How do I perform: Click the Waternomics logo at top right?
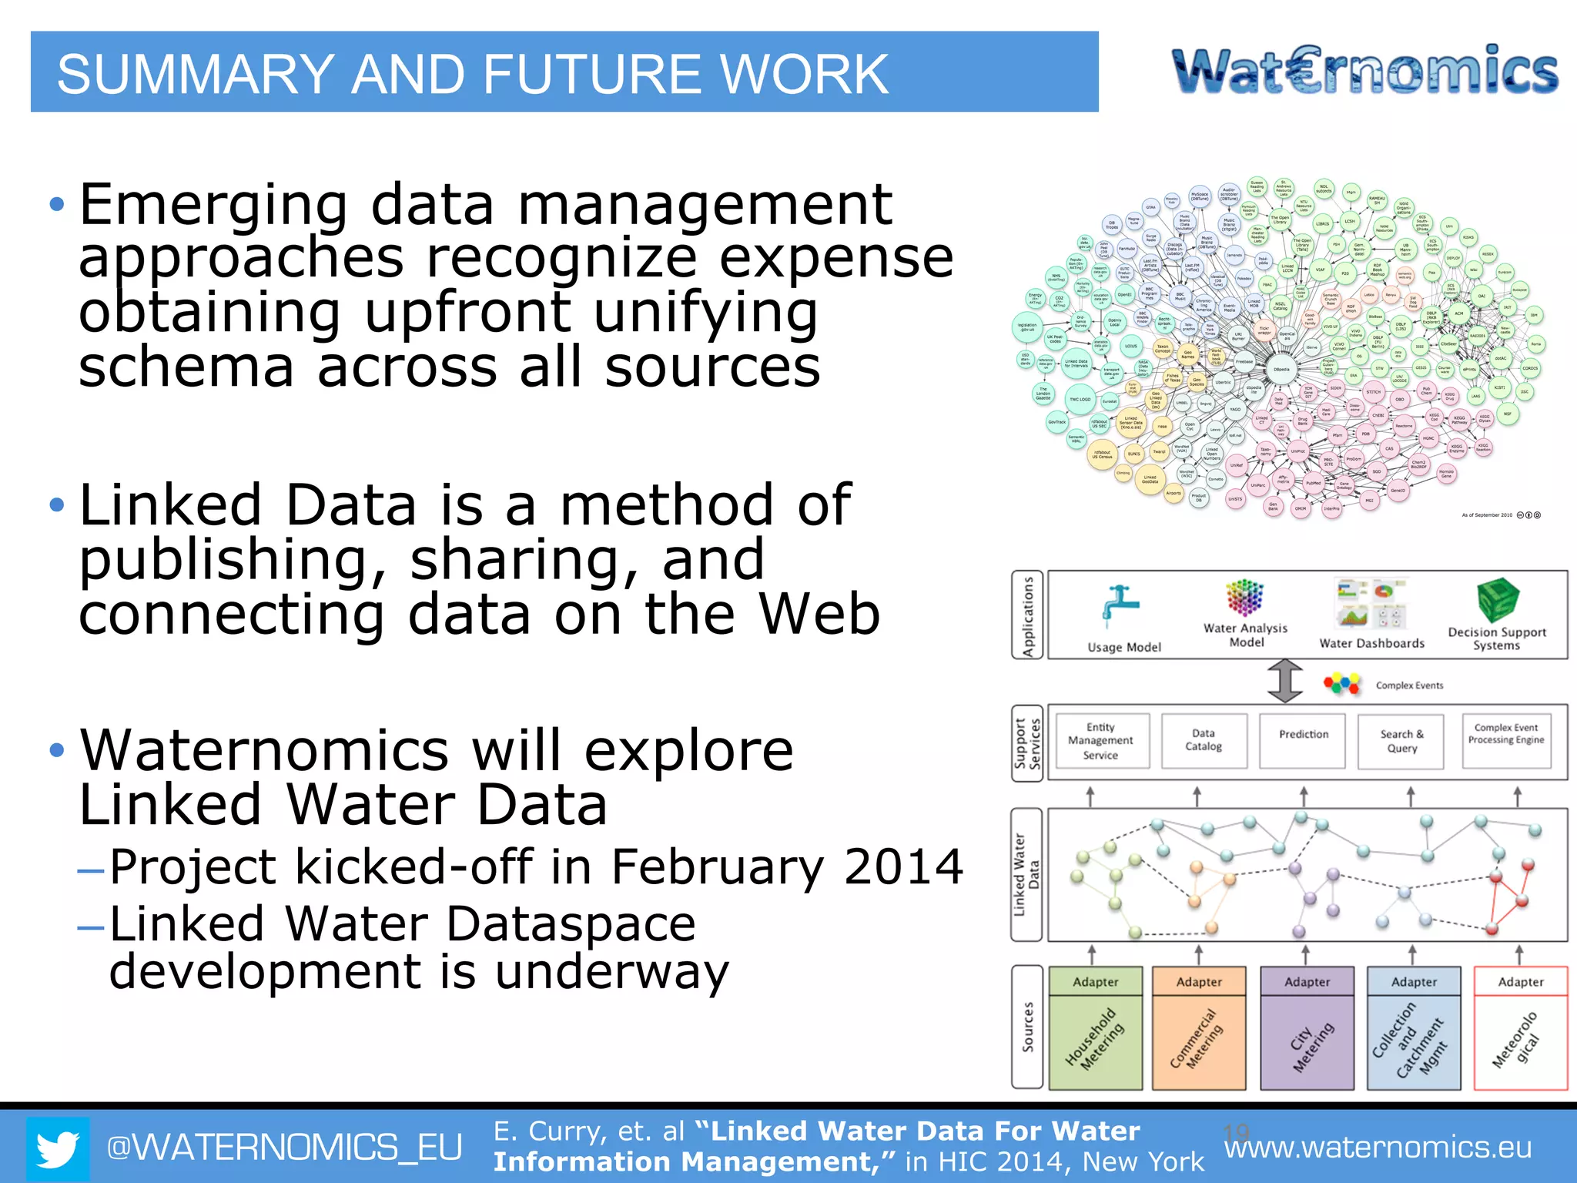pyautogui.click(x=1364, y=71)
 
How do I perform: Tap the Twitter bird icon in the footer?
pyautogui.click(x=58, y=1148)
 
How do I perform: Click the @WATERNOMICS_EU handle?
pyautogui.click(x=284, y=1148)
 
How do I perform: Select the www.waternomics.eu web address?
pyautogui.click(x=1378, y=1148)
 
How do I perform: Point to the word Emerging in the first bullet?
pyautogui.click(x=213, y=205)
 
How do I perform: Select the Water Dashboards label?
pyautogui.click(x=1371, y=643)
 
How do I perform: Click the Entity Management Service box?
pyautogui.click(x=1101, y=741)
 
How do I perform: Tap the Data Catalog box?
pyautogui.click(x=1204, y=741)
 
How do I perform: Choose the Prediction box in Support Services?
pyautogui.click(x=1303, y=741)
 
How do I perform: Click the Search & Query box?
pyautogui.click(x=1401, y=741)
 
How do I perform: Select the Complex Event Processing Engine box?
pyautogui.click(x=1506, y=741)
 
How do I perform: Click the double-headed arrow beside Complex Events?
pyautogui.click(x=1285, y=681)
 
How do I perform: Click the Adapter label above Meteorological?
pyautogui.click(x=1521, y=982)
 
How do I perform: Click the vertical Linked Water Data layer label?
pyautogui.click(x=1027, y=875)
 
